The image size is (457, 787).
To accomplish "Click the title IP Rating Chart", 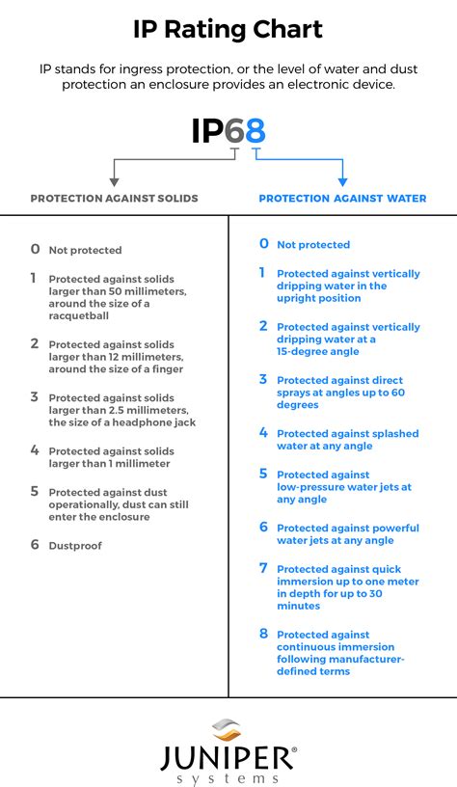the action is (x=228, y=30).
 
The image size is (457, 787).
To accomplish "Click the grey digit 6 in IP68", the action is (x=234, y=130).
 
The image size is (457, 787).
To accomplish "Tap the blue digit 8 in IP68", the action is (x=255, y=130).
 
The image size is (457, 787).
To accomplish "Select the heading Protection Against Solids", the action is (x=114, y=199).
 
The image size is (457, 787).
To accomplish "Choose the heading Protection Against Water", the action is (x=342, y=199).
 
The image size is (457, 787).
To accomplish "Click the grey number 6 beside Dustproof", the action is (x=35, y=545).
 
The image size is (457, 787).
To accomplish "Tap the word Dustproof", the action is (x=75, y=546).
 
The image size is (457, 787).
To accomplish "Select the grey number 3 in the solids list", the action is (x=35, y=396).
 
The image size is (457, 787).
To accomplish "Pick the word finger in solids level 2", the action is (x=164, y=368).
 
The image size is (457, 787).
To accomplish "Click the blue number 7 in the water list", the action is (x=263, y=568).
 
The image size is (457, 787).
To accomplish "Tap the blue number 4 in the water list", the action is (x=263, y=433).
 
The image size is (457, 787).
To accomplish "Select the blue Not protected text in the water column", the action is (x=313, y=245).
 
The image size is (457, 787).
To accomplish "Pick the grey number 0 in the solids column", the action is (x=35, y=249).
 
